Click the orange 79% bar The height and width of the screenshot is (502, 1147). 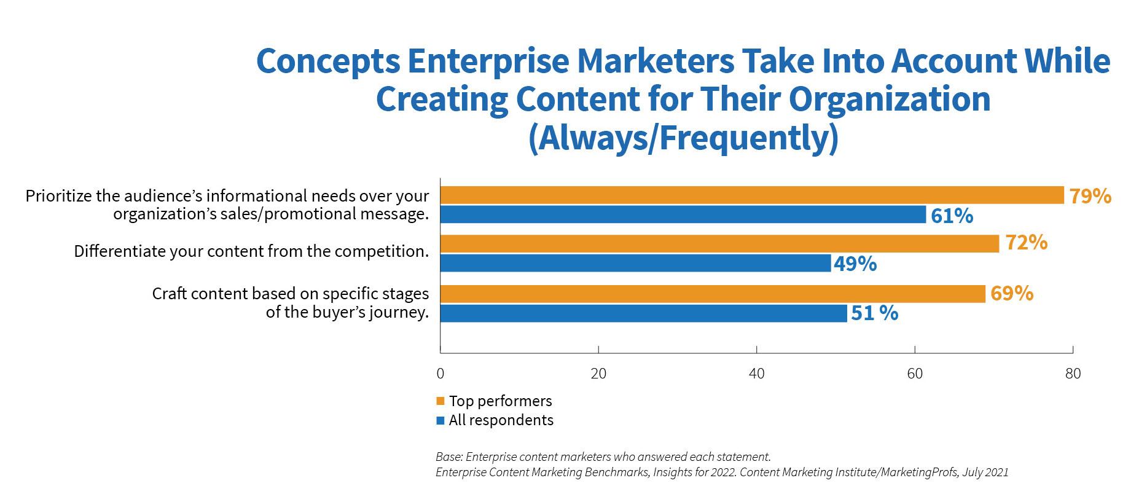[x=752, y=195]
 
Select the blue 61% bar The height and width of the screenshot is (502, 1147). [x=683, y=214]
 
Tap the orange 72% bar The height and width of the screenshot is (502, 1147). [x=720, y=244]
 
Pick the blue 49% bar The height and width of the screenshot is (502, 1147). [x=636, y=263]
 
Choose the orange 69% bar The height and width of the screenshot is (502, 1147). [x=713, y=294]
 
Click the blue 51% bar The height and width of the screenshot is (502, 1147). [x=644, y=313]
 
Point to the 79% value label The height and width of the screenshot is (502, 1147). [x=1090, y=196]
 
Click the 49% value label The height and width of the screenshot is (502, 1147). [x=855, y=264]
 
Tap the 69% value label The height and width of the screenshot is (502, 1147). [x=1012, y=293]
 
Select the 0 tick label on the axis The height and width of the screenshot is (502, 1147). [x=440, y=374]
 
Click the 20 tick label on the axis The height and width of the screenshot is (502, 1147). [x=598, y=374]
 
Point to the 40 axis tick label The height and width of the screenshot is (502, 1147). [x=757, y=374]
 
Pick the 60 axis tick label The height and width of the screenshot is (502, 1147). [x=915, y=374]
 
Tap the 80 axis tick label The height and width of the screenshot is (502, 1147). [x=1073, y=374]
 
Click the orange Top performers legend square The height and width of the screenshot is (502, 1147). [x=440, y=401]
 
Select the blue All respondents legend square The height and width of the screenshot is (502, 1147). [x=440, y=421]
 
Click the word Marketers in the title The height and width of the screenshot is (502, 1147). [x=656, y=61]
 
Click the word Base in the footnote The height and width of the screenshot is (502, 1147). [x=448, y=457]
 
